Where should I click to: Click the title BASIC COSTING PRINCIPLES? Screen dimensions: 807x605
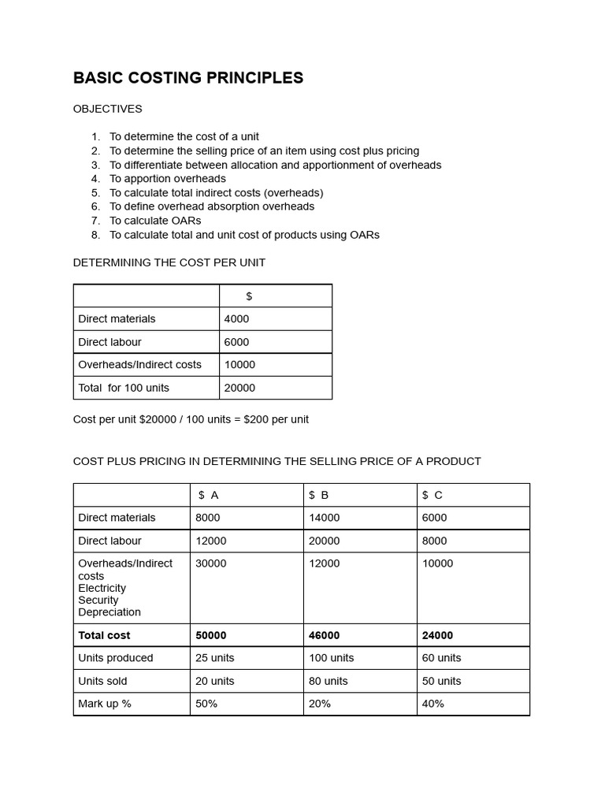[188, 78]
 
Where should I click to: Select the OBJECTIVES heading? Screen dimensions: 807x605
[108, 109]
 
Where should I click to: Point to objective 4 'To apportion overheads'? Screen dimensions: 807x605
[167, 179]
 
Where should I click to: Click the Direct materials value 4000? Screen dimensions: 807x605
[236, 319]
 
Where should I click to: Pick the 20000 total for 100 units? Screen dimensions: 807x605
[239, 388]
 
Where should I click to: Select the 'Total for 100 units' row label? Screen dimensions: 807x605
[124, 388]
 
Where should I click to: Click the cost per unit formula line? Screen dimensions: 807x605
[191, 419]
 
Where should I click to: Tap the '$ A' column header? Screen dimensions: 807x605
[209, 495]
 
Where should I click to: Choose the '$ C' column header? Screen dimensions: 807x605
[432, 495]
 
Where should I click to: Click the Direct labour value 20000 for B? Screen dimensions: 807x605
[324, 541]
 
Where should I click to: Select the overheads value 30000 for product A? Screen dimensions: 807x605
[210, 563]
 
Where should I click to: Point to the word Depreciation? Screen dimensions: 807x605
[109, 612]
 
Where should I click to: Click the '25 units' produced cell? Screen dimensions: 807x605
[214, 658]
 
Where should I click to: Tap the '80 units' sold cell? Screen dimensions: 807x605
[328, 681]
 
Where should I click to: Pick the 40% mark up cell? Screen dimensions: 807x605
[433, 704]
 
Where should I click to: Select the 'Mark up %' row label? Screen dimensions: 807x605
[105, 704]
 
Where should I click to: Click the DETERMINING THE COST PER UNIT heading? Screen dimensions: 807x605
[169, 262]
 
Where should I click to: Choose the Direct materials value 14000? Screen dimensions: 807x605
[324, 518]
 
